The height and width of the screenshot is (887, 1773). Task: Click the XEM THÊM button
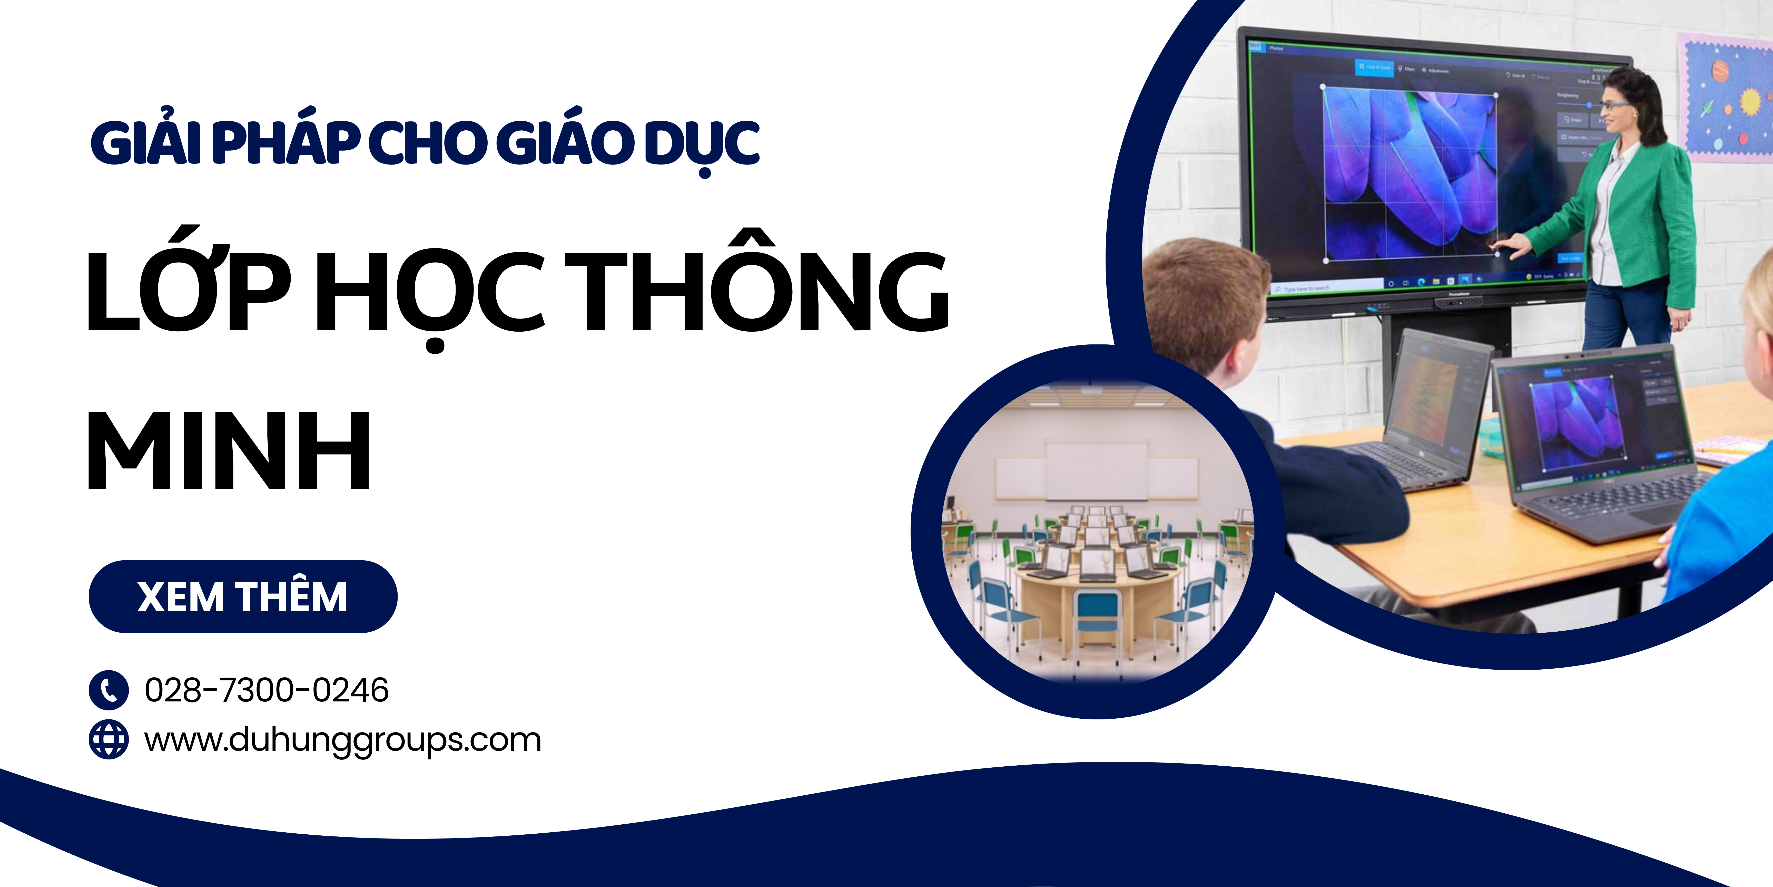[x=242, y=596]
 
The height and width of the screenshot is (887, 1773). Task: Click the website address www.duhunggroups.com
[x=342, y=740]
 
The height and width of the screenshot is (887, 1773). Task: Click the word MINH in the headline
[x=229, y=451]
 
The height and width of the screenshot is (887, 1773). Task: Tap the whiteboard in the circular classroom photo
[x=1097, y=472]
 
